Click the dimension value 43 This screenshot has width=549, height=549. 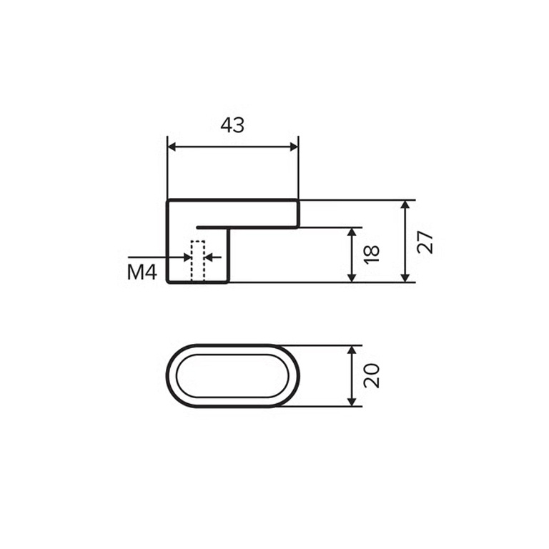[232, 125]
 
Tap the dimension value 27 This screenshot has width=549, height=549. [425, 242]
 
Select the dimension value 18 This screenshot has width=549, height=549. [372, 254]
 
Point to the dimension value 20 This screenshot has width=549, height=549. [372, 376]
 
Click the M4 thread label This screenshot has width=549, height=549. [142, 272]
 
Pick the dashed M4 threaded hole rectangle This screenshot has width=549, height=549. [198, 261]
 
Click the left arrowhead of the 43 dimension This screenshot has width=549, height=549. [172, 147]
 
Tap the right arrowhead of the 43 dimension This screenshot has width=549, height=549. [294, 147]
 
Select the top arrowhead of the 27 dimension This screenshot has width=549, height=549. [405, 204]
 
